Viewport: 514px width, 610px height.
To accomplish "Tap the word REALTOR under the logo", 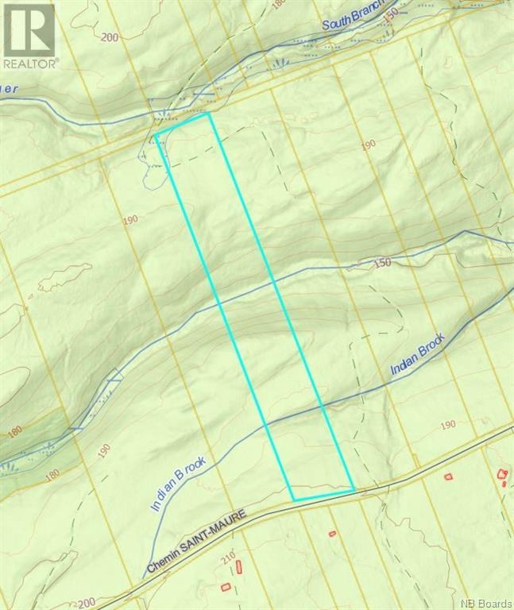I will tap(29, 63).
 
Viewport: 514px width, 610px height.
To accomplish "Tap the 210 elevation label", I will tap(230, 562).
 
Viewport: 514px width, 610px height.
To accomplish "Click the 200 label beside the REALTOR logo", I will tap(109, 37).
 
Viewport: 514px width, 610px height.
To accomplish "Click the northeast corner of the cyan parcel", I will tap(208, 114).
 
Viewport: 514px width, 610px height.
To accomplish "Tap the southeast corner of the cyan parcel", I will tap(354, 489).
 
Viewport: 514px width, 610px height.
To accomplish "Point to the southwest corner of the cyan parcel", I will tap(294, 500).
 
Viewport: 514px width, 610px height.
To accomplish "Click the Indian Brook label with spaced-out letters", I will tap(178, 484).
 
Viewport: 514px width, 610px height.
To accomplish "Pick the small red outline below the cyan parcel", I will tap(332, 533).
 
